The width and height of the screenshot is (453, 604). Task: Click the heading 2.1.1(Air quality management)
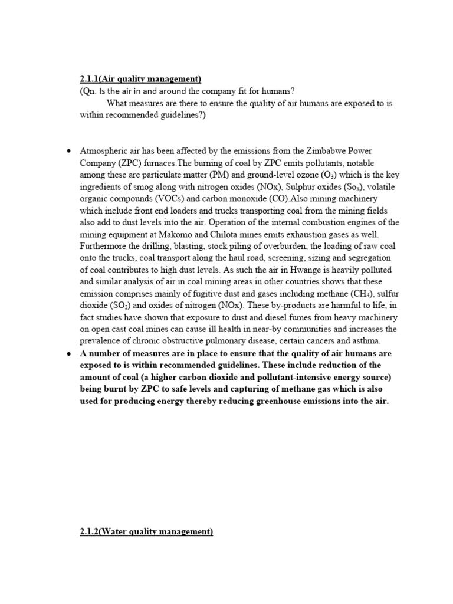point(140,79)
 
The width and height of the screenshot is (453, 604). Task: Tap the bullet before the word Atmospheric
point(68,151)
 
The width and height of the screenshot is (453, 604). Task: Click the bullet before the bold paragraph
point(68,353)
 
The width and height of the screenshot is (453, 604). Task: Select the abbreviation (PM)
point(214,174)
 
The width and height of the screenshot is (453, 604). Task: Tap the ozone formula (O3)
point(332,174)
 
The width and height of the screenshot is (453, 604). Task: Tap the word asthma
point(365,341)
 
